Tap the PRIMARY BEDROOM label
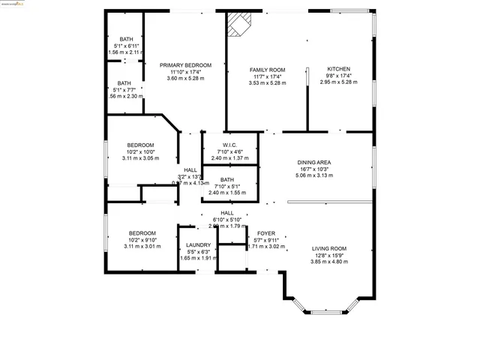(x=186, y=65)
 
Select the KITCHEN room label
(x=338, y=69)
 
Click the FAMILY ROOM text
(x=268, y=69)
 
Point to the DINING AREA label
(x=314, y=162)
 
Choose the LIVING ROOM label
(x=329, y=248)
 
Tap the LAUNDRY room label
(x=199, y=245)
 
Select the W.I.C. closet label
(x=230, y=145)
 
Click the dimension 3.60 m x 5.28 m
(x=186, y=78)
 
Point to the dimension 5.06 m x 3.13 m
(x=314, y=175)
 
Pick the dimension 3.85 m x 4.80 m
(x=329, y=261)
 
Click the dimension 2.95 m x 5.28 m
(x=338, y=82)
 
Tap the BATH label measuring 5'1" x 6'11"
(x=124, y=39)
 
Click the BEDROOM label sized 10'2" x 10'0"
(x=140, y=145)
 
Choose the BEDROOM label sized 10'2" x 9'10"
(x=140, y=233)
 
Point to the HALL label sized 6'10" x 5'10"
(x=227, y=213)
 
